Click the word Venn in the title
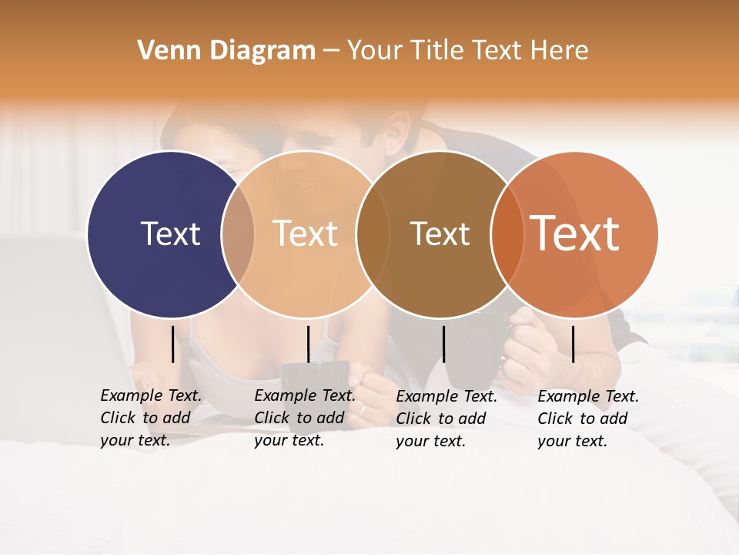coord(162,51)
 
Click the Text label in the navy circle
coord(170,234)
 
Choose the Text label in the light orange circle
coord(305,234)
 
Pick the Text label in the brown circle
coord(440,234)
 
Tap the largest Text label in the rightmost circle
coord(575,234)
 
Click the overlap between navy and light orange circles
coord(238,234)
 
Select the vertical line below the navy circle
coord(173,344)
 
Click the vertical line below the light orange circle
coord(308,344)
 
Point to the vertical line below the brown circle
coord(443,344)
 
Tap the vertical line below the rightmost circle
coord(573,344)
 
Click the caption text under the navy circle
coord(150,418)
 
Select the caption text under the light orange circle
coord(304,418)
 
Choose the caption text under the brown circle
coord(446,419)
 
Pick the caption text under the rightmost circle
coord(587,419)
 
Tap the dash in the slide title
coord(331,52)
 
